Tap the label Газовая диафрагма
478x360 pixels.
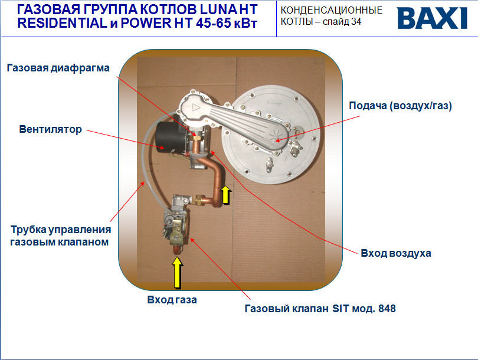pyautogui.click(x=58, y=68)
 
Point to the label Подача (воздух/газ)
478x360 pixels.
pyautogui.click(x=400, y=106)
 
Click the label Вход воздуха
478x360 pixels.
pyautogui.click(x=395, y=253)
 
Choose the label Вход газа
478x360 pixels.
pyautogui.click(x=172, y=300)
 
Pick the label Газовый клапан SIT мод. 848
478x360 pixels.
pyautogui.click(x=320, y=309)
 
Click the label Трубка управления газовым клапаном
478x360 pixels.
pyautogui.click(x=61, y=236)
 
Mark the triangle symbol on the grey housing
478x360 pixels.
pyautogui.click(x=195, y=108)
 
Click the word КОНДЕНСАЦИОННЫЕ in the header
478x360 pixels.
pyautogui.click(x=331, y=11)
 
